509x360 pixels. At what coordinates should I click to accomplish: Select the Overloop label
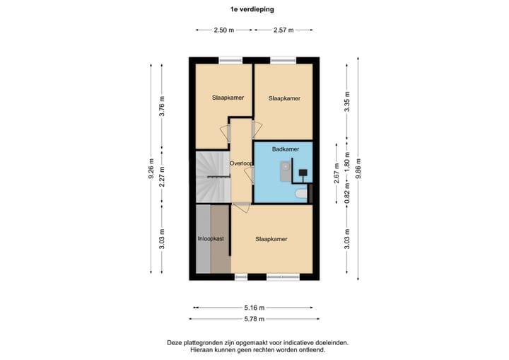point(242,163)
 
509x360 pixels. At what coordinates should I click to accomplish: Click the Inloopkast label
point(210,239)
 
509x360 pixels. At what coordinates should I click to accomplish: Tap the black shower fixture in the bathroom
point(303,172)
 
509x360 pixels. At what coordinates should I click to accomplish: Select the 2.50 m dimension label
point(224,30)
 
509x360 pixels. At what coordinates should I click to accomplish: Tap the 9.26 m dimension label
point(151,173)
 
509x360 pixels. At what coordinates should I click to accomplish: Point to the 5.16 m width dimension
point(254,308)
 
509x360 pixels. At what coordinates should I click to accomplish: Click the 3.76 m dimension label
point(162,106)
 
